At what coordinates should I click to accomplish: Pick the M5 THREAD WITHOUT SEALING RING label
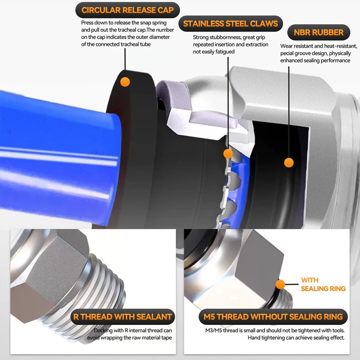tap(273, 317)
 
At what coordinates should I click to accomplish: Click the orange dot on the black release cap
tap(125, 82)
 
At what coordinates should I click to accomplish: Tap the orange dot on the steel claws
tap(228, 154)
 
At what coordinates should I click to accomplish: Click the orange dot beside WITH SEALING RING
tap(280, 284)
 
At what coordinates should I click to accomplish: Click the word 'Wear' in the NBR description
tap(288, 46)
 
